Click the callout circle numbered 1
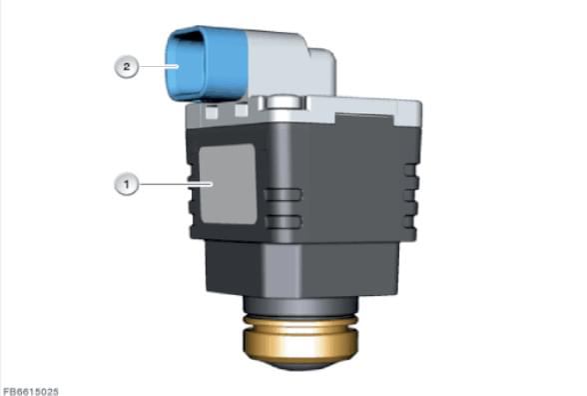pyautogui.click(x=127, y=184)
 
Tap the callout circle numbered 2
pyautogui.click(x=127, y=67)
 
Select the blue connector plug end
pyautogui.click(x=206, y=64)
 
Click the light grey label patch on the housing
pyautogui.click(x=228, y=184)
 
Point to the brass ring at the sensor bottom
pyautogui.click(x=300, y=338)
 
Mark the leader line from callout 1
pyautogui.click(x=176, y=184)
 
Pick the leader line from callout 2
pyautogui.click(x=158, y=66)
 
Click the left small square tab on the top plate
pyautogui.click(x=212, y=112)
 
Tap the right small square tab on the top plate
pyautogui.click(x=242, y=110)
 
